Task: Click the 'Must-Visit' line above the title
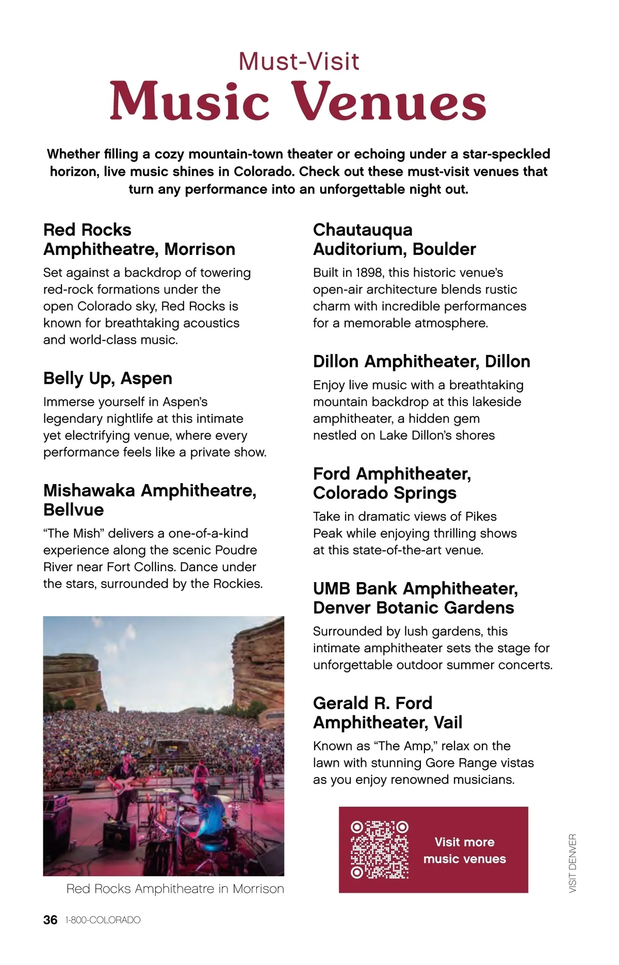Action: tap(299, 61)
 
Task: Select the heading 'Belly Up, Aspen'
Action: tap(108, 378)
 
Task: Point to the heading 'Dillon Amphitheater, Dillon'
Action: tap(421, 361)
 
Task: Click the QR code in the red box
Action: tap(380, 849)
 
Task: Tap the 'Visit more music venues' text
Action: tap(464, 850)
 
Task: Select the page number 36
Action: tap(50, 920)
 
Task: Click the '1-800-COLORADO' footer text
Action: tap(103, 920)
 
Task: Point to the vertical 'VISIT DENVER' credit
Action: tap(573, 863)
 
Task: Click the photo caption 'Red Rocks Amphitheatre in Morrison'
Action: tap(175, 889)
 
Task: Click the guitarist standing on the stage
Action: tap(124, 774)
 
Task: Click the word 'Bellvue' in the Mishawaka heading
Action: tap(74, 510)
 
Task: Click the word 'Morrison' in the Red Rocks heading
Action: tap(200, 249)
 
